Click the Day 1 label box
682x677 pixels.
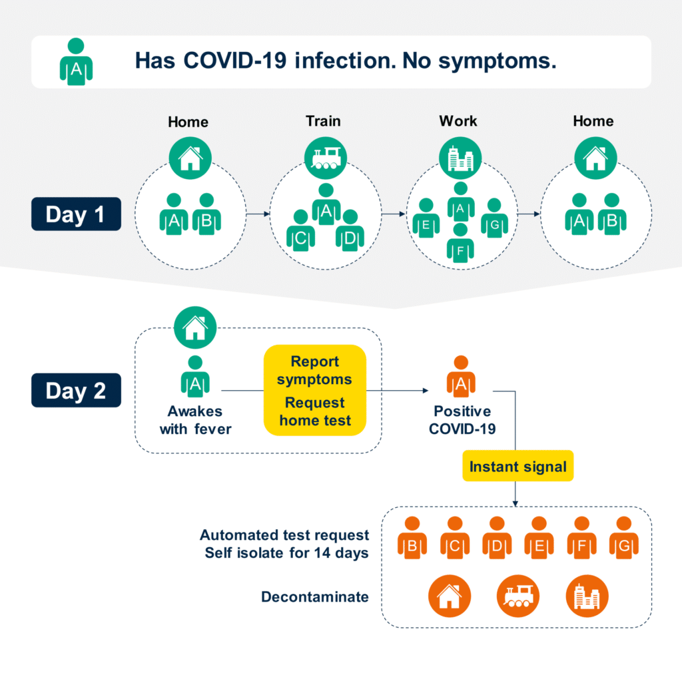click(76, 214)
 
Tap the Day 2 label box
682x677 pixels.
click(76, 390)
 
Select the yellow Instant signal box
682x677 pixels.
click(517, 466)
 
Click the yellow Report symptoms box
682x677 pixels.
click(315, 390)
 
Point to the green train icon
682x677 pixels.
click(325, 158)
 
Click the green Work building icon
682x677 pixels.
click(460, 158)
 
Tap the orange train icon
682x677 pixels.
click(518, 596)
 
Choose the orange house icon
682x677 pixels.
click(450, 596)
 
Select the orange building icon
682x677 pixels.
click(587, 596)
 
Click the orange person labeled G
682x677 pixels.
click(624, 537)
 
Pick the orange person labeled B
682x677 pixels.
click(412, 537)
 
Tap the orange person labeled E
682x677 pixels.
click(539, 537)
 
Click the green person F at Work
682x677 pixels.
click(461, 244)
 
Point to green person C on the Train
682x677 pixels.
click(300, 230)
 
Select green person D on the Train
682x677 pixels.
click(350, 230)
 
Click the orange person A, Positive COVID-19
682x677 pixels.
click(461, 377)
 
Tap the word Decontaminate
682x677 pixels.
click(315, 596)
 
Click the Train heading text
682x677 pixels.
click(323, 121)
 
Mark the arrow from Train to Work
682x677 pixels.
click(394, 214)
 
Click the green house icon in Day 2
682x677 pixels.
click(195, 328)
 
